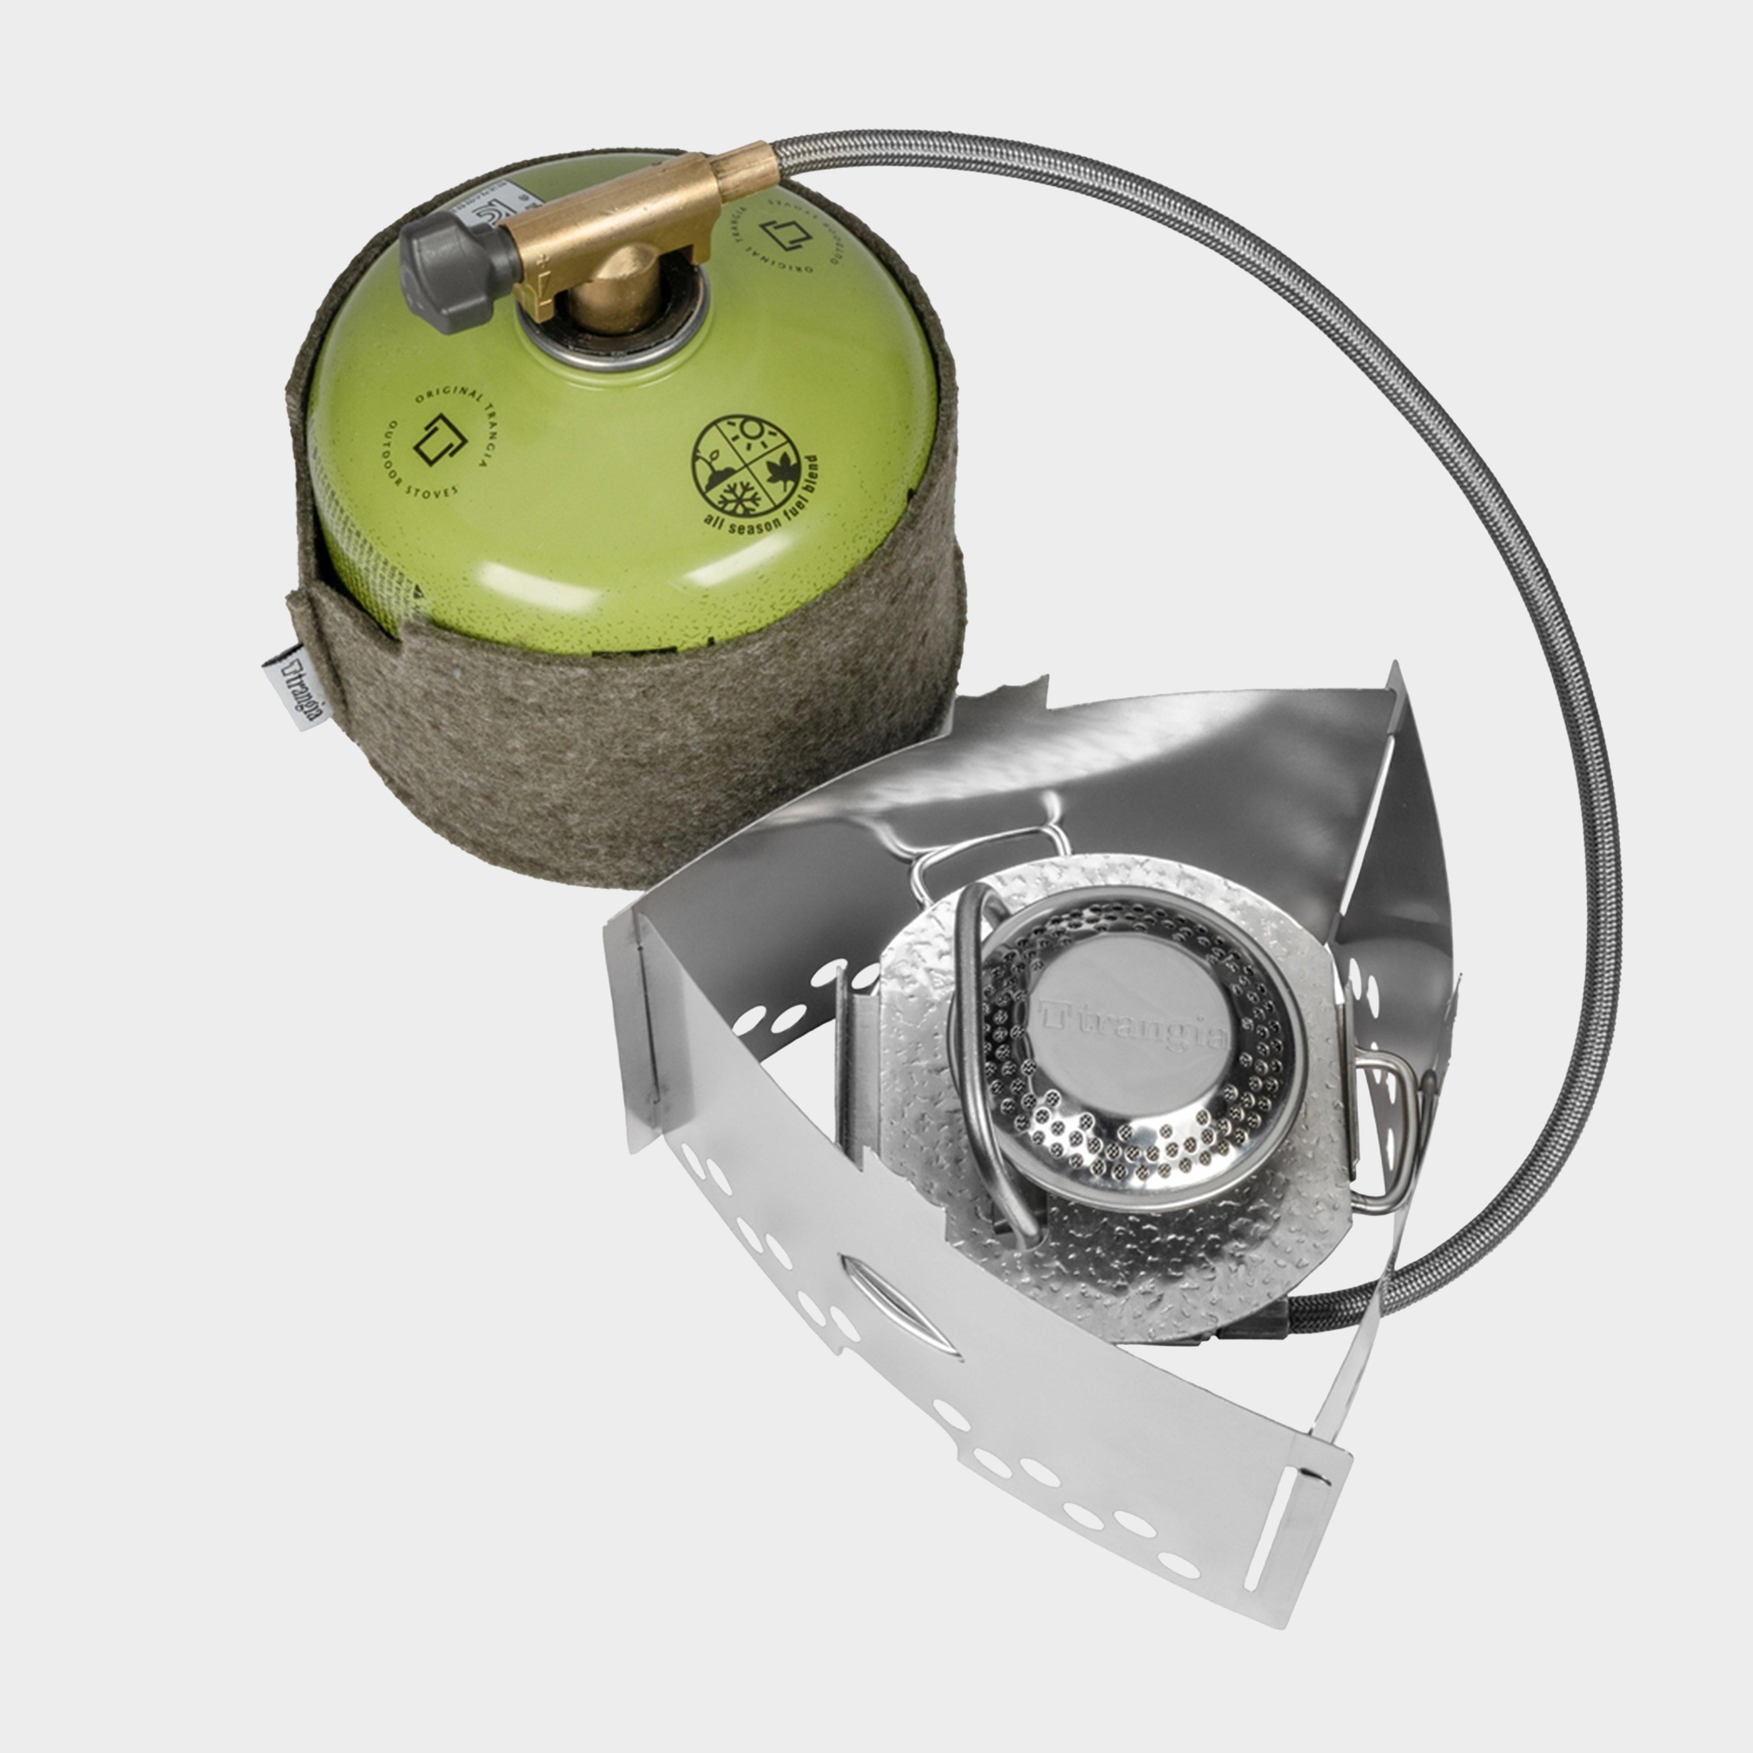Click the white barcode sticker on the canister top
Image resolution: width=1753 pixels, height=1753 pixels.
[x=494, y=218]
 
